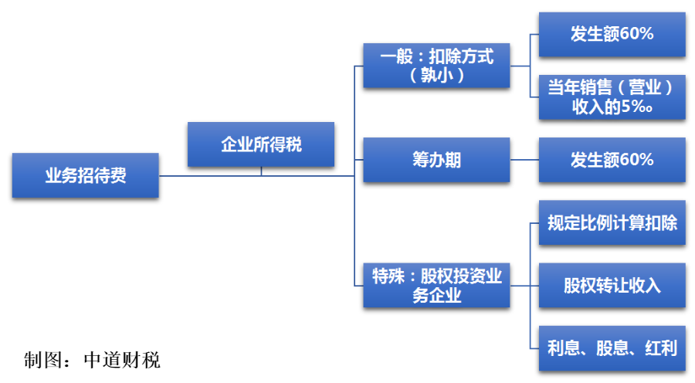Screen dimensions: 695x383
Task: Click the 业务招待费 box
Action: click(x=86, y=175)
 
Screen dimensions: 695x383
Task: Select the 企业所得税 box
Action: click(x=261, y=144)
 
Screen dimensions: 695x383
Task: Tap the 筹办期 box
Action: click(x=436, y=160)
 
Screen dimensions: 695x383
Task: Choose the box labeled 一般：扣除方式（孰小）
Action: click(x=436, y=66)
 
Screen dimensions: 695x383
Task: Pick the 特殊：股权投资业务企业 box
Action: click(x=436, y=286)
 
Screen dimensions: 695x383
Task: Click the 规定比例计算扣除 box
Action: click(x=612, y=222)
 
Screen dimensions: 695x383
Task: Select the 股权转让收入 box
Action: click(x=612, y=286)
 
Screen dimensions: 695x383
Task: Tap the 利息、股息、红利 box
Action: click(x=612, y=348)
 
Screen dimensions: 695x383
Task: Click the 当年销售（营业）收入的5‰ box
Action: click(x=612, y=97)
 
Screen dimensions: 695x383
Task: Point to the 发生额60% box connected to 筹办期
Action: click(x=612, y=160)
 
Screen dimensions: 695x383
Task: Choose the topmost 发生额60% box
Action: click(x=612, y=35)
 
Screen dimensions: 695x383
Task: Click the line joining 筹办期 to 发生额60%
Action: click(x=524, y=160)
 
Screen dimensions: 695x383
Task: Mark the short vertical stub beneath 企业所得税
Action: click(x=261, y=171)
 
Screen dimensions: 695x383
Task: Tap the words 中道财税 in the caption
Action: click(x=122, y=360)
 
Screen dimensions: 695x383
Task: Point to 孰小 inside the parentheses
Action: click(x=436, y=76)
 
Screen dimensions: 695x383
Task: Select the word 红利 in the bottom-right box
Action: click(x=661, y=348)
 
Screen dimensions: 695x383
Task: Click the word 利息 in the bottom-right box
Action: click(x=564, y=348)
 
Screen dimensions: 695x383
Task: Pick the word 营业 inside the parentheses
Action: click(x=645, y=87)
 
